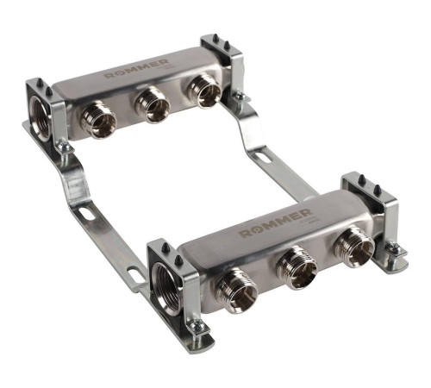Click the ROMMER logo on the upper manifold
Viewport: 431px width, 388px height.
[x=136, y=69]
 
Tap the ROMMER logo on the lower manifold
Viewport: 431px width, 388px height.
[x=275, y=222]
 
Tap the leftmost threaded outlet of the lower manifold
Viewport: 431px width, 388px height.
[x=237, y=290]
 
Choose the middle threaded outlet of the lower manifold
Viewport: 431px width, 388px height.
[x=297, y=267]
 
